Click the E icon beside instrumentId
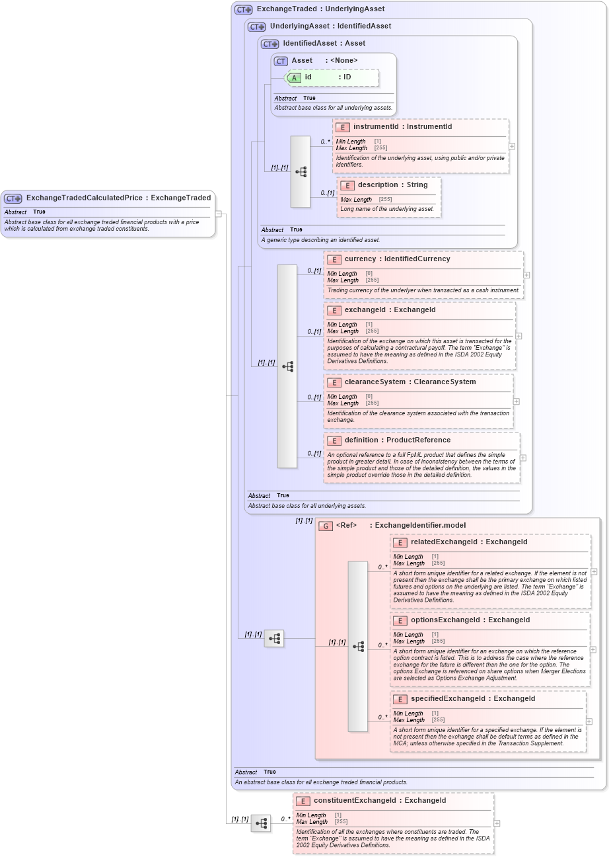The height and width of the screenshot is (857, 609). point(342,127)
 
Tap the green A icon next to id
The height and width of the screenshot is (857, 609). point(295,78)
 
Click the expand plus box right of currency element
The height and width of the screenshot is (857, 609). point(526,275)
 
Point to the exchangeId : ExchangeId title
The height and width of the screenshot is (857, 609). point(390,310)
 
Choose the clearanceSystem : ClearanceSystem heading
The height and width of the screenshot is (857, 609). point(410,382)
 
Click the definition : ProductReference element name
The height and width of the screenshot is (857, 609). point(397,440)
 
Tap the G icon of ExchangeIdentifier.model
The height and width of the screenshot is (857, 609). point(326,526)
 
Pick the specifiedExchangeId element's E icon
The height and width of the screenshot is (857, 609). point(400,700)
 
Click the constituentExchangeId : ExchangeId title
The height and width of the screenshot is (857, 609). point(380,801)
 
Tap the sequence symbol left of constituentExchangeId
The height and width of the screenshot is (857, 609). point(261,823)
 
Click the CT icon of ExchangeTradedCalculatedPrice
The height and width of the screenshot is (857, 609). point(13,198)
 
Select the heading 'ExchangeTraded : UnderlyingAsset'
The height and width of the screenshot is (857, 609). point(320,9)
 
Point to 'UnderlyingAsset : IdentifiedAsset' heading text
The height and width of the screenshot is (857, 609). point(330,26)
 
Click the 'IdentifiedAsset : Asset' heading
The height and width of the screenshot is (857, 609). point(324,44)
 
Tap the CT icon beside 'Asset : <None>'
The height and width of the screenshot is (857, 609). point(281,61)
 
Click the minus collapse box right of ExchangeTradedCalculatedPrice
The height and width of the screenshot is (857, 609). point(219,214)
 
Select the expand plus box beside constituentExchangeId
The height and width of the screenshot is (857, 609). point(497,823)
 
